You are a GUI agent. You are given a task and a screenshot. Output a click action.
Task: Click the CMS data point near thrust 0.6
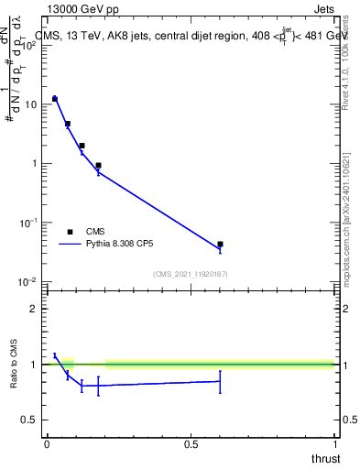click(220, 245)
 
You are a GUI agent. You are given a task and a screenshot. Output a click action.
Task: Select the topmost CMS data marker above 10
click(55, 98)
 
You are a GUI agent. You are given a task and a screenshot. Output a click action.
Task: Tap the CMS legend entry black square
click(70, 232)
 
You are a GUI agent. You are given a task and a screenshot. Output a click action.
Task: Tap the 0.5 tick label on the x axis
click(191, 443)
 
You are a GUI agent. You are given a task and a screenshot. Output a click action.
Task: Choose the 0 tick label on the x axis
click(47, 443)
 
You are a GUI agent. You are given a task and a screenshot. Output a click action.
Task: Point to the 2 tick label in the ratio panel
click(34, 309)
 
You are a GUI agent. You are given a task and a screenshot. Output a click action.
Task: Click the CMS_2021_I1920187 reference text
click(191, 273)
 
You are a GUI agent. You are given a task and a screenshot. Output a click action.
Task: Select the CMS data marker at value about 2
click(82, 146)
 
